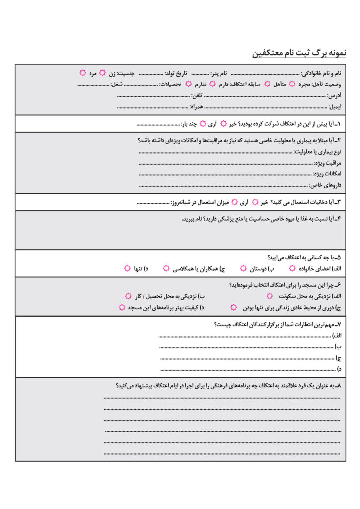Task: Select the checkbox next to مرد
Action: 83,73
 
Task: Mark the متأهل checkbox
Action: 268,84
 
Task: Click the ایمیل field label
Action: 335,106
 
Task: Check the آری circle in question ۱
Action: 202,124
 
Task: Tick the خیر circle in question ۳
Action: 255,202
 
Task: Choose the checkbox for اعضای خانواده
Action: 292,268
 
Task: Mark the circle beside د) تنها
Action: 128,268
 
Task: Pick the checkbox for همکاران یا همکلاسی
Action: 166,268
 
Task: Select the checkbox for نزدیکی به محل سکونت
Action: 270,296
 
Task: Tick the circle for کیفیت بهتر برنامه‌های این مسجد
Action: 122,308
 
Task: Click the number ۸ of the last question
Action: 339,385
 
